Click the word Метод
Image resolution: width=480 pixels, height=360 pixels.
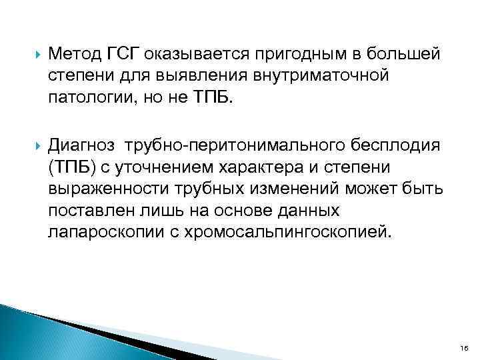click(75, 53)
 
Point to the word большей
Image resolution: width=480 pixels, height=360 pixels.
click(406, 53)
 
